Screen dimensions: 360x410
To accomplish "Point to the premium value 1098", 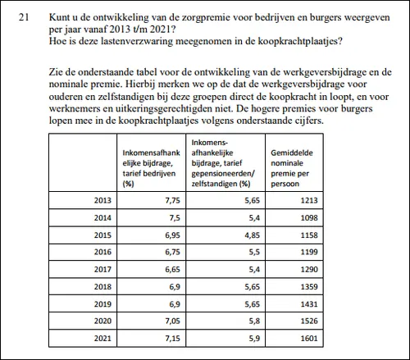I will [x=312, y=216].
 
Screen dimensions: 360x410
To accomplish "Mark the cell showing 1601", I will [x=312, y=337].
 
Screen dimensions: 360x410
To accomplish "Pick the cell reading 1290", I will [x=312, y=268].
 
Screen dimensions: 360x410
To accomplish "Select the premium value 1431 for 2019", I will [x=312, y=303].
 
